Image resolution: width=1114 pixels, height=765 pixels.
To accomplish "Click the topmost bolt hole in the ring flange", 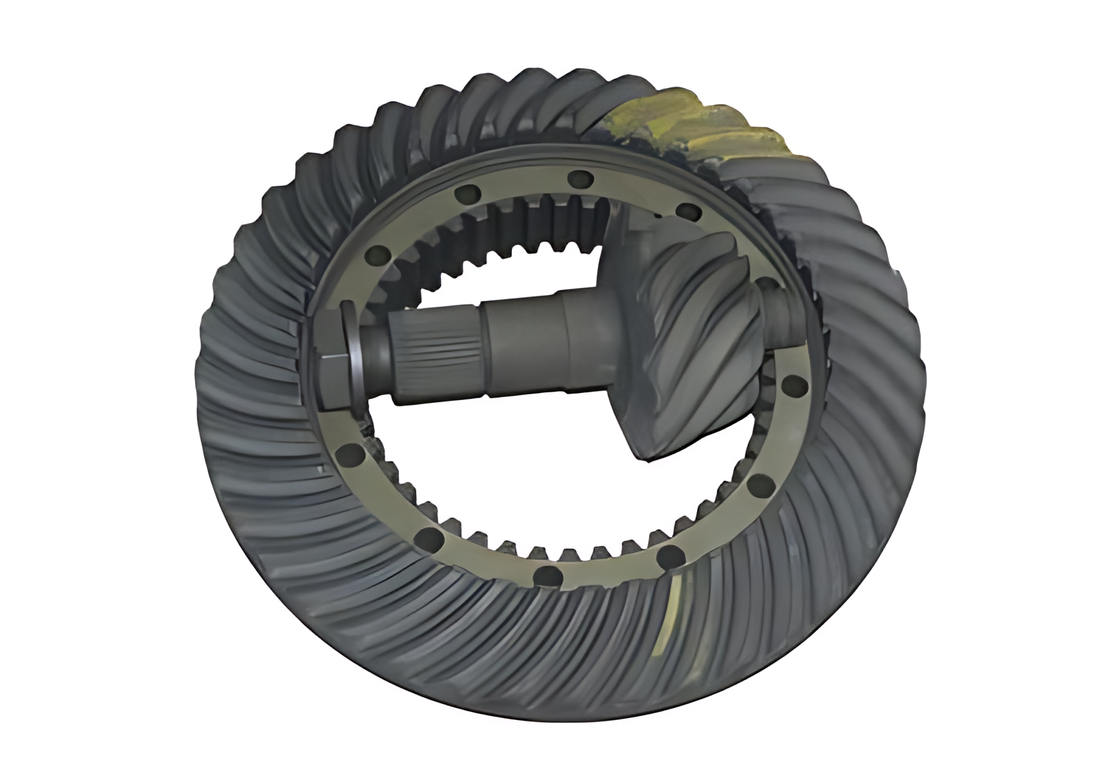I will [580, 179].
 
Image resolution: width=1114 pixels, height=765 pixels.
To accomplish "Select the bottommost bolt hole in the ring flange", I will [547, 577].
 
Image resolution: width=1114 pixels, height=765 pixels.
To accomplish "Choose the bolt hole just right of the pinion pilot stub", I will [793, 385].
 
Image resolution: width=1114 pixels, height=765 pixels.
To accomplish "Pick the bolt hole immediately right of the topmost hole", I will [689, 212].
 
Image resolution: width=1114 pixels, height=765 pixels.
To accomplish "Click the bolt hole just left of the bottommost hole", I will [428, 539].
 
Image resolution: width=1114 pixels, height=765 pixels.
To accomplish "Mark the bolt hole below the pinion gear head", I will [760, 484].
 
